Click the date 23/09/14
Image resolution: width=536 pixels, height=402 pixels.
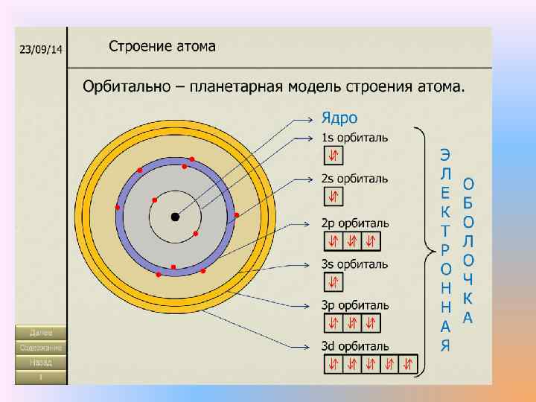[41, 49]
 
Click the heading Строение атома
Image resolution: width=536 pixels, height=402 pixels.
[162, 46]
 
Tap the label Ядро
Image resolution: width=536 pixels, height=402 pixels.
[339, 118]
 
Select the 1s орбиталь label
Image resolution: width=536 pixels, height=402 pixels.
[354, 138]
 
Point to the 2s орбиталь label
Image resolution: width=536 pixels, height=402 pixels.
[354, 179]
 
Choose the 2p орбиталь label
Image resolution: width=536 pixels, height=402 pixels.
[355, 223]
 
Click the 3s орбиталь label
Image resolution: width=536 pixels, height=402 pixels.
[354, 264]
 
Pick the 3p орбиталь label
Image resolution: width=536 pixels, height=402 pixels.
[355, 304]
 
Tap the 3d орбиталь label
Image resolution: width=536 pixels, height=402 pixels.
[355, 346]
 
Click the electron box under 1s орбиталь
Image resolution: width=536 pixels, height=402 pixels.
[334, 155]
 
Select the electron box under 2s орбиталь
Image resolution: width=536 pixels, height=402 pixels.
[334, 196]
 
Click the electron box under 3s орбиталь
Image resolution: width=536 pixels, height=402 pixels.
[334, 282]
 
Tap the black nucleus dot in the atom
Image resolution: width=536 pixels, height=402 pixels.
[175, 217]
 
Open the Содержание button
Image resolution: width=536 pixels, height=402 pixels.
[41, 348]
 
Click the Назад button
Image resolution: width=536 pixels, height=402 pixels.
[41, 363]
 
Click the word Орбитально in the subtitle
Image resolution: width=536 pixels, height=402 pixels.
[126, 86]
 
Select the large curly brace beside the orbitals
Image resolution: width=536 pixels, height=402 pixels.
[424, 252]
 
